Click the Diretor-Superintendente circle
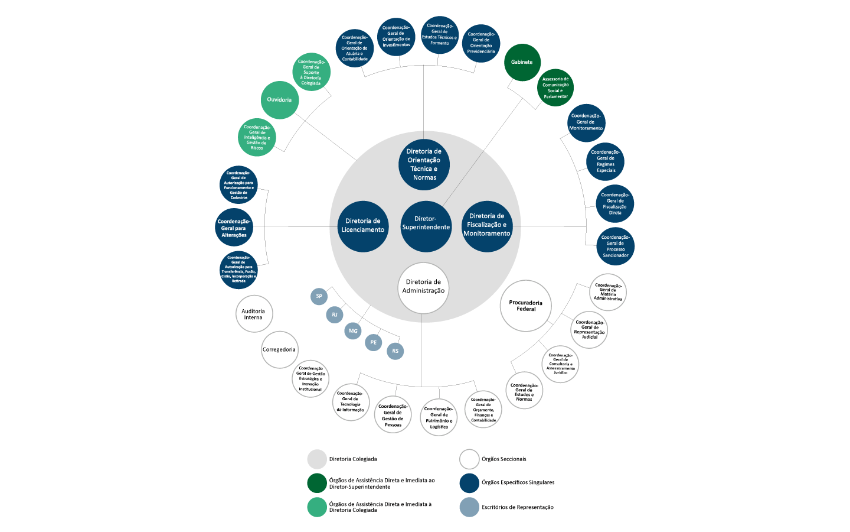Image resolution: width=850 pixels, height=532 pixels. [426, 226]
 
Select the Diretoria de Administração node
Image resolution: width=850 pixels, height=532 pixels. [423, 287]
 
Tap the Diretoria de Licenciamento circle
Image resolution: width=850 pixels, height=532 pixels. [363, 226]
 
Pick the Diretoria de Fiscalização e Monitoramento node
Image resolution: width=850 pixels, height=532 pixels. [487, 226]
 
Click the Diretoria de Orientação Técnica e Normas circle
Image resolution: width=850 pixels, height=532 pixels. [424, 165]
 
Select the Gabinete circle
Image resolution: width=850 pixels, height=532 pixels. [522, 62]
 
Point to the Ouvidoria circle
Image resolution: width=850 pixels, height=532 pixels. [280, 100]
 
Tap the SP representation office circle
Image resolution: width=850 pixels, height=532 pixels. [319, 296]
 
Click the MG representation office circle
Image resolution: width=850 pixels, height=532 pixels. [353, 331]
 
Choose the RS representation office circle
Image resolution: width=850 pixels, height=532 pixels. [395, 351]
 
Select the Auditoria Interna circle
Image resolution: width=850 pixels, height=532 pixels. [254, 314]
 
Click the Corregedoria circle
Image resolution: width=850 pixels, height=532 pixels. [279, 349]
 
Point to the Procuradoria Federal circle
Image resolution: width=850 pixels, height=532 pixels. [526, 306]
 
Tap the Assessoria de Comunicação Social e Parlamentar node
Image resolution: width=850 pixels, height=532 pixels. [555, 87]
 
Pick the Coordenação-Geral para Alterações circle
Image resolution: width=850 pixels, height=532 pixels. [234, 228]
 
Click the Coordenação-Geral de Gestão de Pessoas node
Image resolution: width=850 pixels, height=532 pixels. [393, 415]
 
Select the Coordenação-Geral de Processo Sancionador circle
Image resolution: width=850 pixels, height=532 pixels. [615, 246]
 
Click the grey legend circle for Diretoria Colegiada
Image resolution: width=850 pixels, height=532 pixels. [317, 459]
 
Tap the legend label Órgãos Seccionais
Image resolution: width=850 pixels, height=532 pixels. [504, 459]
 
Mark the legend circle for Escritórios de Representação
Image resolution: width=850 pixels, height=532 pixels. [469, 507]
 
